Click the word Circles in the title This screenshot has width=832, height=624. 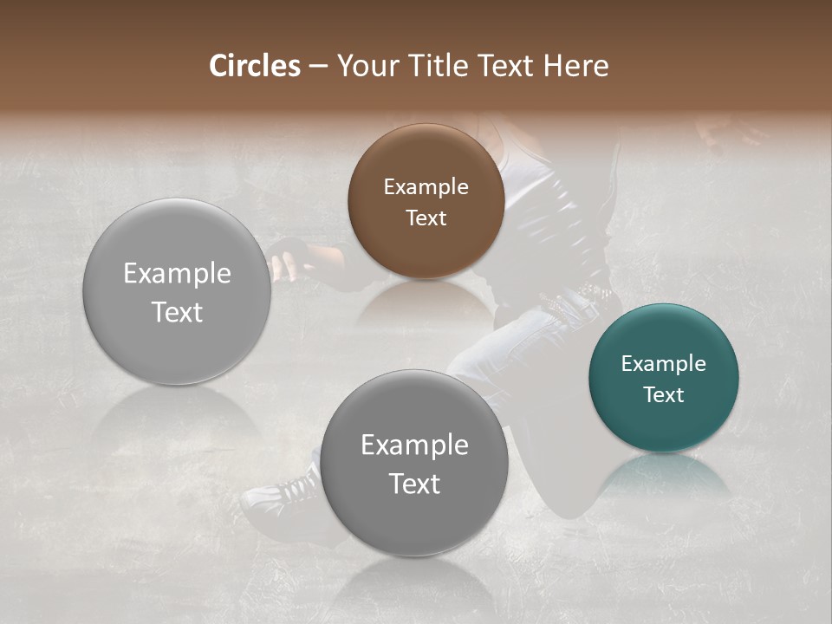pos(255,66)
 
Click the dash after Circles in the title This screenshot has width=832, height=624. pos(318,67)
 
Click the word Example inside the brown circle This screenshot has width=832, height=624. pos(426,186)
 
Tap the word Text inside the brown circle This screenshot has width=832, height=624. pos(426,218)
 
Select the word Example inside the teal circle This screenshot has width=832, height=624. pos(664,363)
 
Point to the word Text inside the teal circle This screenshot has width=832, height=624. pos(664,394)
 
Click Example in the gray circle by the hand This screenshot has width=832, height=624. pos(177,273)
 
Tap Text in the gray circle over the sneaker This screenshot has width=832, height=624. pos(414,483)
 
